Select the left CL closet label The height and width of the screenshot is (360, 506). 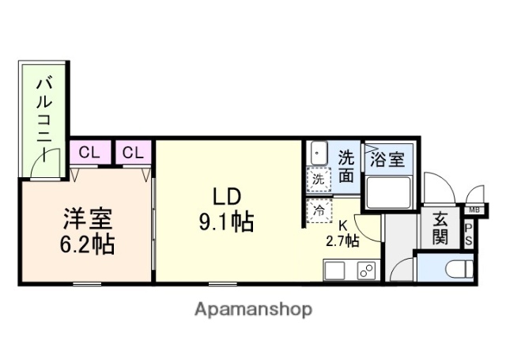click(89, 152)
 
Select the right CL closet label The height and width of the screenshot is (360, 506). click(134, 152)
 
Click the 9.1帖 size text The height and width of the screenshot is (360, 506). click(225, 222)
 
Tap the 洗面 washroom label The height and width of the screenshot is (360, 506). click(346, 165)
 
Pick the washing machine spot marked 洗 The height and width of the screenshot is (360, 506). click(318, 180)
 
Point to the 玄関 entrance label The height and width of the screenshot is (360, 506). click(440, 227)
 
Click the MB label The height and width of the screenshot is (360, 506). click(474, 210)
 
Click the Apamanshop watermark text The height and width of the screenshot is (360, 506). click(253, 308)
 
